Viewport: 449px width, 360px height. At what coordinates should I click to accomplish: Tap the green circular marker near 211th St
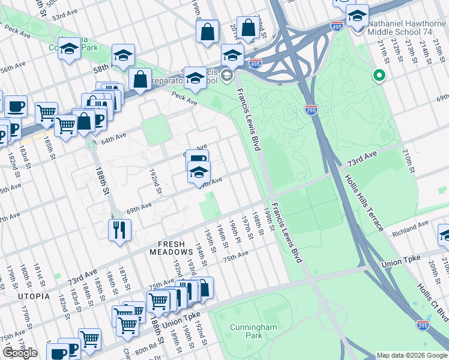(x=379, y=76)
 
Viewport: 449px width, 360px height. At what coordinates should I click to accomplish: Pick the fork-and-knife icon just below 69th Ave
(x=118, y=229)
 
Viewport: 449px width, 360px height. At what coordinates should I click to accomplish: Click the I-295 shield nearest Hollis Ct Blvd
(x=423, y=325)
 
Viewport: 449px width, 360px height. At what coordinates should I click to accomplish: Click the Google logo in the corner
(x=20, y=353)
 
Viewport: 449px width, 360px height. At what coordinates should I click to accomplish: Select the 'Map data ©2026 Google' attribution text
(x=412, y=355)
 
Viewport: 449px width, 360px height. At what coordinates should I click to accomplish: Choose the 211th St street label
(x=383, y=50)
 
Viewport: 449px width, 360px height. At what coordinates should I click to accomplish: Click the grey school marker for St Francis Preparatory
(x=226, y=75)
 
